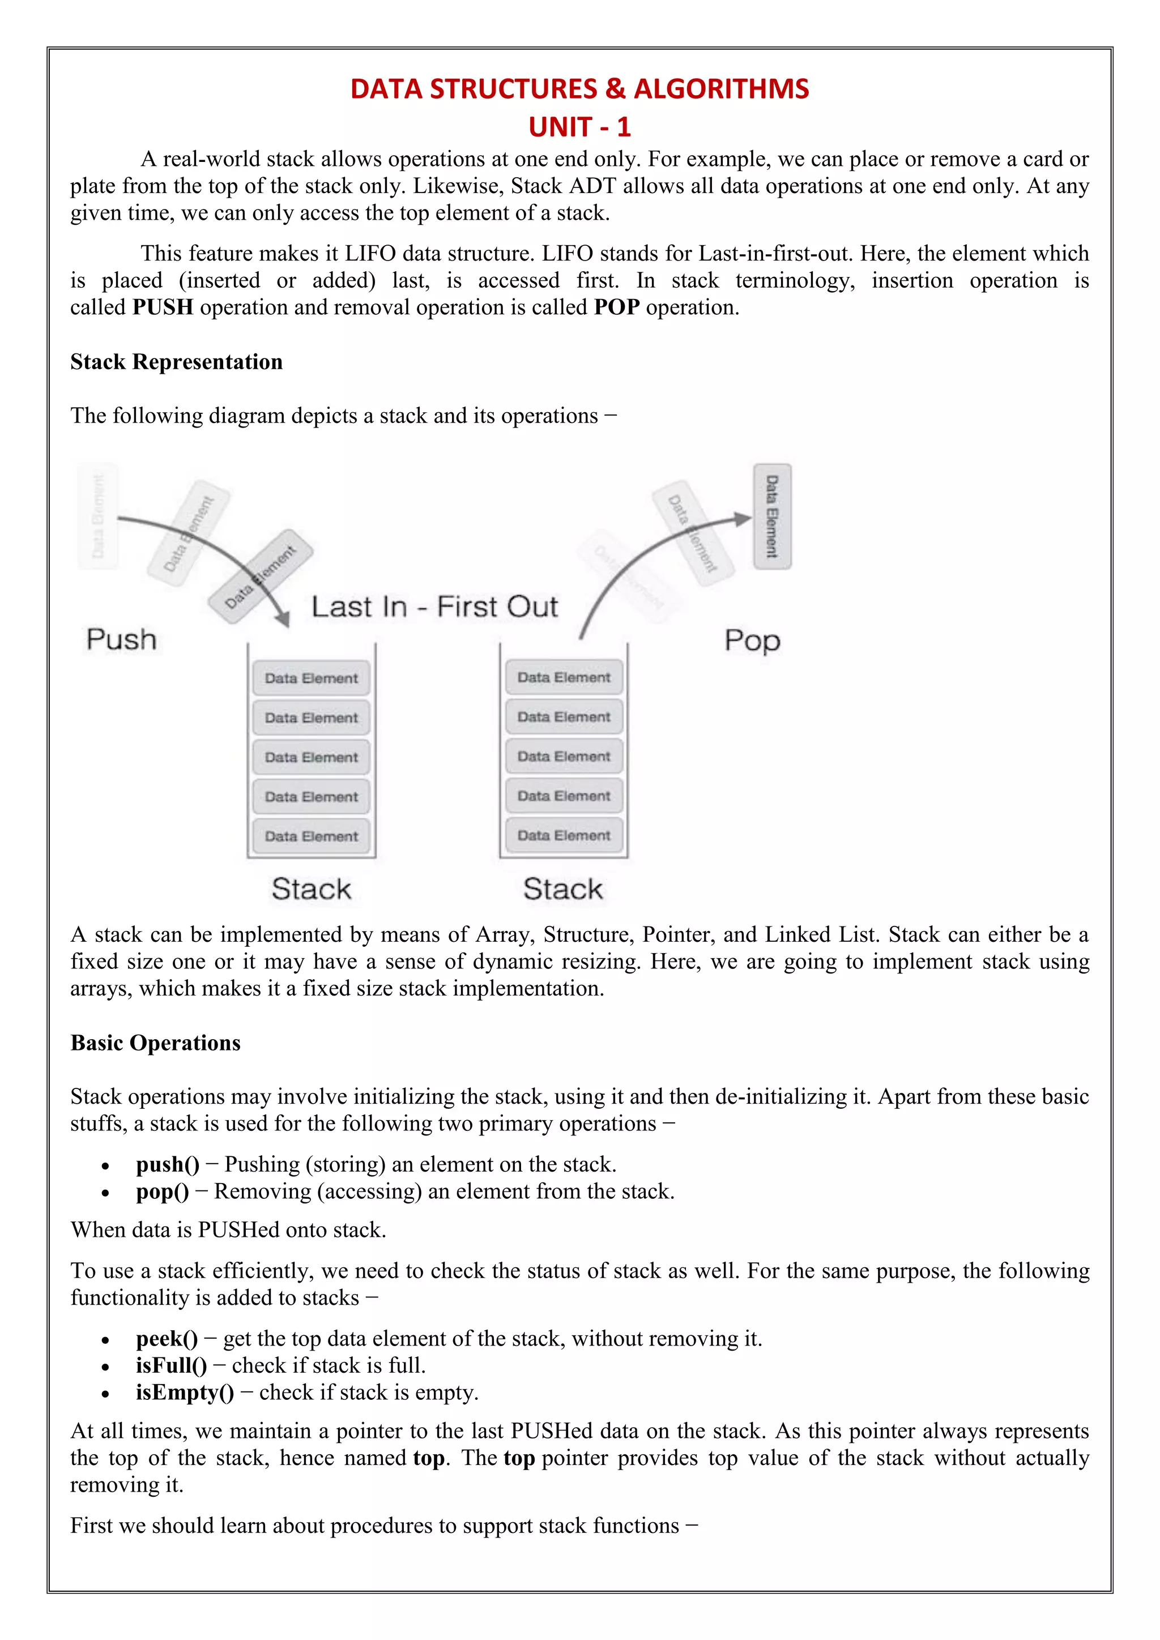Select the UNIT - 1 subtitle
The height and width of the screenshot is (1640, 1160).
(x=579, y=127)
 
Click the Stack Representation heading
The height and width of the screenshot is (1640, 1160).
(x=176, y=362)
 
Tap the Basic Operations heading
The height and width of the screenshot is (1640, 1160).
(x=155, y=1043)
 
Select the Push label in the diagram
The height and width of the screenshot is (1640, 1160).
(x=121, y=639)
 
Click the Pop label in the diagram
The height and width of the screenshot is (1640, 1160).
(x=752, y=640)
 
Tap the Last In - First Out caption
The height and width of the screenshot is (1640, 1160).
(x=434, y=607)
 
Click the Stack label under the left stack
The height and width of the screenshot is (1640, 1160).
(x=312, y=889)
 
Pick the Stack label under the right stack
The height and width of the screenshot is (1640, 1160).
(x=563, y=889)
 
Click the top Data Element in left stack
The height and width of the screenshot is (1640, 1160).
(x=312, y=678)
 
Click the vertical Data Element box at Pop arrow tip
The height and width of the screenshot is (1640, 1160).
(x=772, y=516)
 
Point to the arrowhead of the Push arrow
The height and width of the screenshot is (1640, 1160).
(x=284, y=618)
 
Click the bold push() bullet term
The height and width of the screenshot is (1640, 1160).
(x=168, y=1165)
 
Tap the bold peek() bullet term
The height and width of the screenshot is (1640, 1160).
(x=167, y=1339)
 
